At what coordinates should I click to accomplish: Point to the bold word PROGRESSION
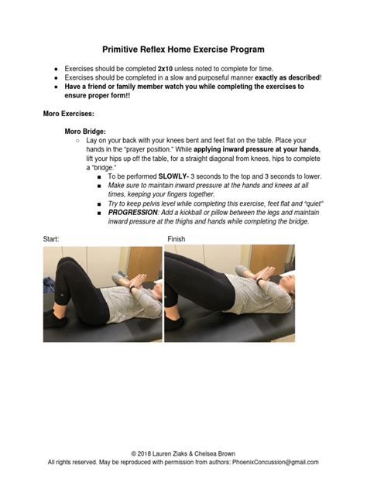coord(134,211)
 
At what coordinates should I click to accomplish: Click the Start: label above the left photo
coord(51,240)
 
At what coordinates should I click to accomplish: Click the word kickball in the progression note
coord(218,211)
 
